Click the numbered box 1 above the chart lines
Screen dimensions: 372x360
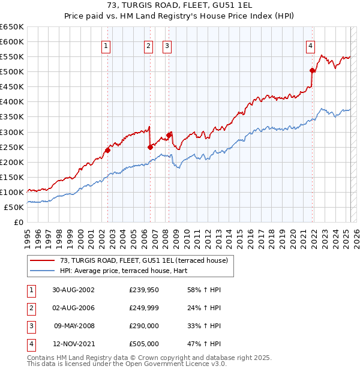point(106,46)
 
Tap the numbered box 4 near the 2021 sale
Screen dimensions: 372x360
point(311,46)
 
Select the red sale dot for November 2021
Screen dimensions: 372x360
point(312,70)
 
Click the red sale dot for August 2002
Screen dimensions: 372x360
point(107,150)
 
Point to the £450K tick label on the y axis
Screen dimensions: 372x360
point(12,86)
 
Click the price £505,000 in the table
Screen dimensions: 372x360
point(144,344)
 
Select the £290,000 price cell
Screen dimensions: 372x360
point(144,326)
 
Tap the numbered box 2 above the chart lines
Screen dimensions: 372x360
point(148,46)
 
